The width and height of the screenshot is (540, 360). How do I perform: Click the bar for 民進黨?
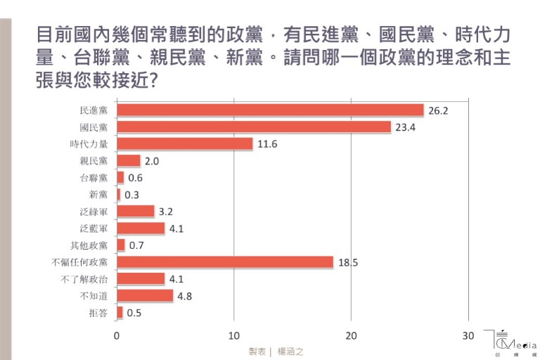(270, 110)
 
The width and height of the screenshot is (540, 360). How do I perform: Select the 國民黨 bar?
(253, 127)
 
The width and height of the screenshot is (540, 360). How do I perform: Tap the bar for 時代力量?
(184, 143)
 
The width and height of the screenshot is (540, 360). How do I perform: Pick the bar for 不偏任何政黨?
(225, 262)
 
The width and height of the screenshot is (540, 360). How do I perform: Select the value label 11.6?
(266, 144)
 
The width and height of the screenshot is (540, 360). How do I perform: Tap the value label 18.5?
(347, 262)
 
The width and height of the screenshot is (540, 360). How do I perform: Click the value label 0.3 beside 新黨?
(131, 195)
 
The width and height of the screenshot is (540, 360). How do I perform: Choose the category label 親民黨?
(94, 161)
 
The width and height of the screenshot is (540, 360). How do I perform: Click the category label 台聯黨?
(94, 178)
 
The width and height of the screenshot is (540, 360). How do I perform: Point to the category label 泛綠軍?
(94, 211)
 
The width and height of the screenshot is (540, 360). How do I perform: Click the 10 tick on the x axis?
(234, 336)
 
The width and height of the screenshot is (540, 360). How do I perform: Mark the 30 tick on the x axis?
(469, 336)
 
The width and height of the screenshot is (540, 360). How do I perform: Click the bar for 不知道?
(145, 295)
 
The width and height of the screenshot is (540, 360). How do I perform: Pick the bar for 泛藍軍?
(141, 228)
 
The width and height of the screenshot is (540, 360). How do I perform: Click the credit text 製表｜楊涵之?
(275, 351)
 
